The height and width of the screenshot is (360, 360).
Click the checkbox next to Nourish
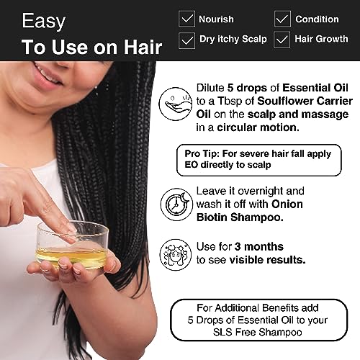[x=186, y=19]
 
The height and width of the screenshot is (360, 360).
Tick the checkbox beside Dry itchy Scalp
[x=186, y=40]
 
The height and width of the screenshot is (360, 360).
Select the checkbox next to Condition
[x=282, y=19]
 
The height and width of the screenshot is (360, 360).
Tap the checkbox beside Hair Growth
[x=282, y=40]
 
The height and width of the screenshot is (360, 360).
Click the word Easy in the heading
[x=44, y=22]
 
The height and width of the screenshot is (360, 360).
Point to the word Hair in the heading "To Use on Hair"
[x=143, y=47]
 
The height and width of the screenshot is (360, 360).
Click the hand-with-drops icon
[x=176, y=104]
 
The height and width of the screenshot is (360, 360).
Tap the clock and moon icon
[x=176, y=204]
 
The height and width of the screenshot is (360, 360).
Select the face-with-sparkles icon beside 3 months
[x=176, y=255]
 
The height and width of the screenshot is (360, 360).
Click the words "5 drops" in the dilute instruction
[x=247, y=89]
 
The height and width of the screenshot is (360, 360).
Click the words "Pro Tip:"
[x=202, y=154]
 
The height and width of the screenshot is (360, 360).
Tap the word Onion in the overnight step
[x=287, y=204]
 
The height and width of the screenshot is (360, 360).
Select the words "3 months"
[x=258, y=247]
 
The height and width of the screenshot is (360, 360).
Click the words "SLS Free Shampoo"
[x=258, y=333]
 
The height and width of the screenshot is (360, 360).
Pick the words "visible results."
[x=268, y=260]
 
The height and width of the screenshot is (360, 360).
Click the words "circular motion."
[x=258, y=127]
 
